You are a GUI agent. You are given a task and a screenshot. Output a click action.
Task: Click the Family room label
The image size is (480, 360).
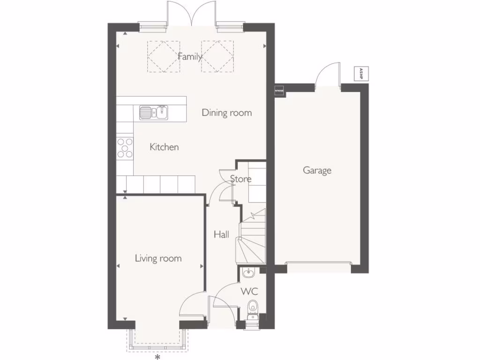coord(190,57)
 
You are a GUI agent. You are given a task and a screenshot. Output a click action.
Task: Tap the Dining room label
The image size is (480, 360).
coord(226,112)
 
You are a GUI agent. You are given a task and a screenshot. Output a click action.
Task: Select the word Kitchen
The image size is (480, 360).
coord(164,147)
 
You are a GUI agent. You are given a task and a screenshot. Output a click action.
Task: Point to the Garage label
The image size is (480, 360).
coord(317,170)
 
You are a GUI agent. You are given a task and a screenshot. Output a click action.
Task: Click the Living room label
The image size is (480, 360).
coord(158,258)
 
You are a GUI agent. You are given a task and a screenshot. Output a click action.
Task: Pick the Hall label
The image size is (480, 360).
coord(221,234)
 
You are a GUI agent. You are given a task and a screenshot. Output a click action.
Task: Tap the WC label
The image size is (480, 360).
coord(249,292)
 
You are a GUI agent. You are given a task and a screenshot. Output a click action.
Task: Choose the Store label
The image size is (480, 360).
coord(240,179)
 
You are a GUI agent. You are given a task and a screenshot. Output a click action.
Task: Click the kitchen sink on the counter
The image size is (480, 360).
coord(153,112)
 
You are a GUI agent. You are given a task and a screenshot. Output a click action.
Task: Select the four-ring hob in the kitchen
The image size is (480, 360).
coord(125,147)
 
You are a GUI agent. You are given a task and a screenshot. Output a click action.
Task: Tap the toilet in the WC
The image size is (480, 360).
coord(253,307)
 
